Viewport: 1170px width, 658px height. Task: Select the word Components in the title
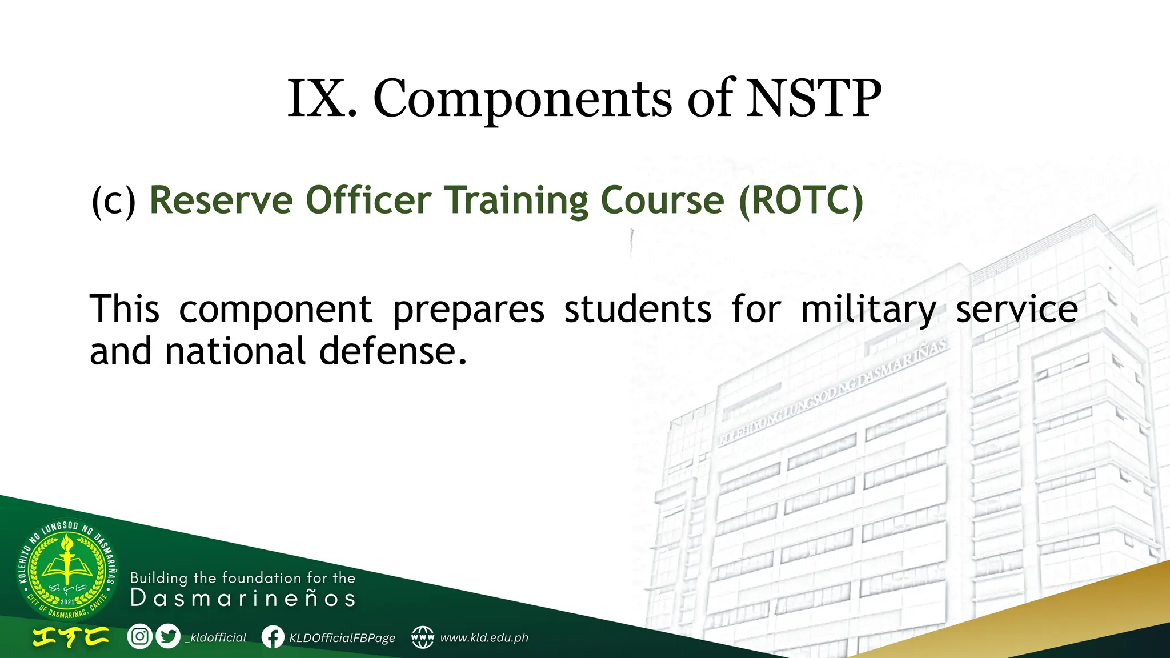pos(522,98)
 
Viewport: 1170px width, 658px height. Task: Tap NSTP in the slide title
pos(814,98)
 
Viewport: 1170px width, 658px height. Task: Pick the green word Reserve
pos(221,201)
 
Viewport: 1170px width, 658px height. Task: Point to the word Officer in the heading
pos(368,201)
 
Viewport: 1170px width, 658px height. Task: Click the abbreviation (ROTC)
pos(800,201)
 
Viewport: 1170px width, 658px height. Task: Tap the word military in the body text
pos(868,310)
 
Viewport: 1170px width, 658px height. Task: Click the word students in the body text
pos(638,310)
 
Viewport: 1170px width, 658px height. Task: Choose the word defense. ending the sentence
pos(392,351)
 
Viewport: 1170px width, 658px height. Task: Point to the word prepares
pos(468,310)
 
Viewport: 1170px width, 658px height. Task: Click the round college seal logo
pos(67,571)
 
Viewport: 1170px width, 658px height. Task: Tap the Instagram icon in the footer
pos(139,636)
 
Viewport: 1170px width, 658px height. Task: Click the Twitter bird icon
pos(167,636)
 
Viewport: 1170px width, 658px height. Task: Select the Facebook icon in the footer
pos(273,637)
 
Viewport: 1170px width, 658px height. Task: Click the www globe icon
pos(423,637)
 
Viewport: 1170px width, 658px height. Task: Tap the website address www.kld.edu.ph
pos(484,637)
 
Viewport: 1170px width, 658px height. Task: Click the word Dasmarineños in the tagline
pos(243,599)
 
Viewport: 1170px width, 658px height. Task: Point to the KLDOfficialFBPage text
pos(342,637)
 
